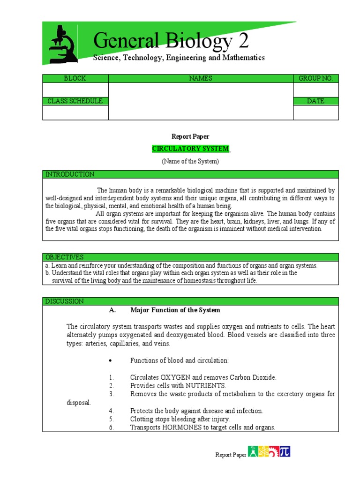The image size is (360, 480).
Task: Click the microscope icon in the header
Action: pos(63,45)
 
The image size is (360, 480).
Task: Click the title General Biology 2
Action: pos(171,41)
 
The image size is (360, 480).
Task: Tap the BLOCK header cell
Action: pos(75,78)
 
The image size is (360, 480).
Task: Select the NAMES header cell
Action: pos(201,78)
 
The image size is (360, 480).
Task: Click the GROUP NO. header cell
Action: pos(315,78)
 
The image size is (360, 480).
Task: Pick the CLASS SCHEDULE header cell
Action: pos(75,101)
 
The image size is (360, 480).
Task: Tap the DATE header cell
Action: pos(315,101)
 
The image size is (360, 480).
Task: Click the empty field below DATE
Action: pos(315,112)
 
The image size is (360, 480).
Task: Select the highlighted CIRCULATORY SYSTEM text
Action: pos(191,149)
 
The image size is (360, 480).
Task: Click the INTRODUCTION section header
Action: pos(70,174)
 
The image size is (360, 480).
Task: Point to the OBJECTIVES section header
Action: pos(65,257)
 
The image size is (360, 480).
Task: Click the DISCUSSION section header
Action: pos(65,301)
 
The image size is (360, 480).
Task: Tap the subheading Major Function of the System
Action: pos(175,310)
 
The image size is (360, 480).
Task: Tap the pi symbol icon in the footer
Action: pos(285,451)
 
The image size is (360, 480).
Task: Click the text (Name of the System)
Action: pos(190,161)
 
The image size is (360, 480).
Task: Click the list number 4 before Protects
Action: pos(112,411)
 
